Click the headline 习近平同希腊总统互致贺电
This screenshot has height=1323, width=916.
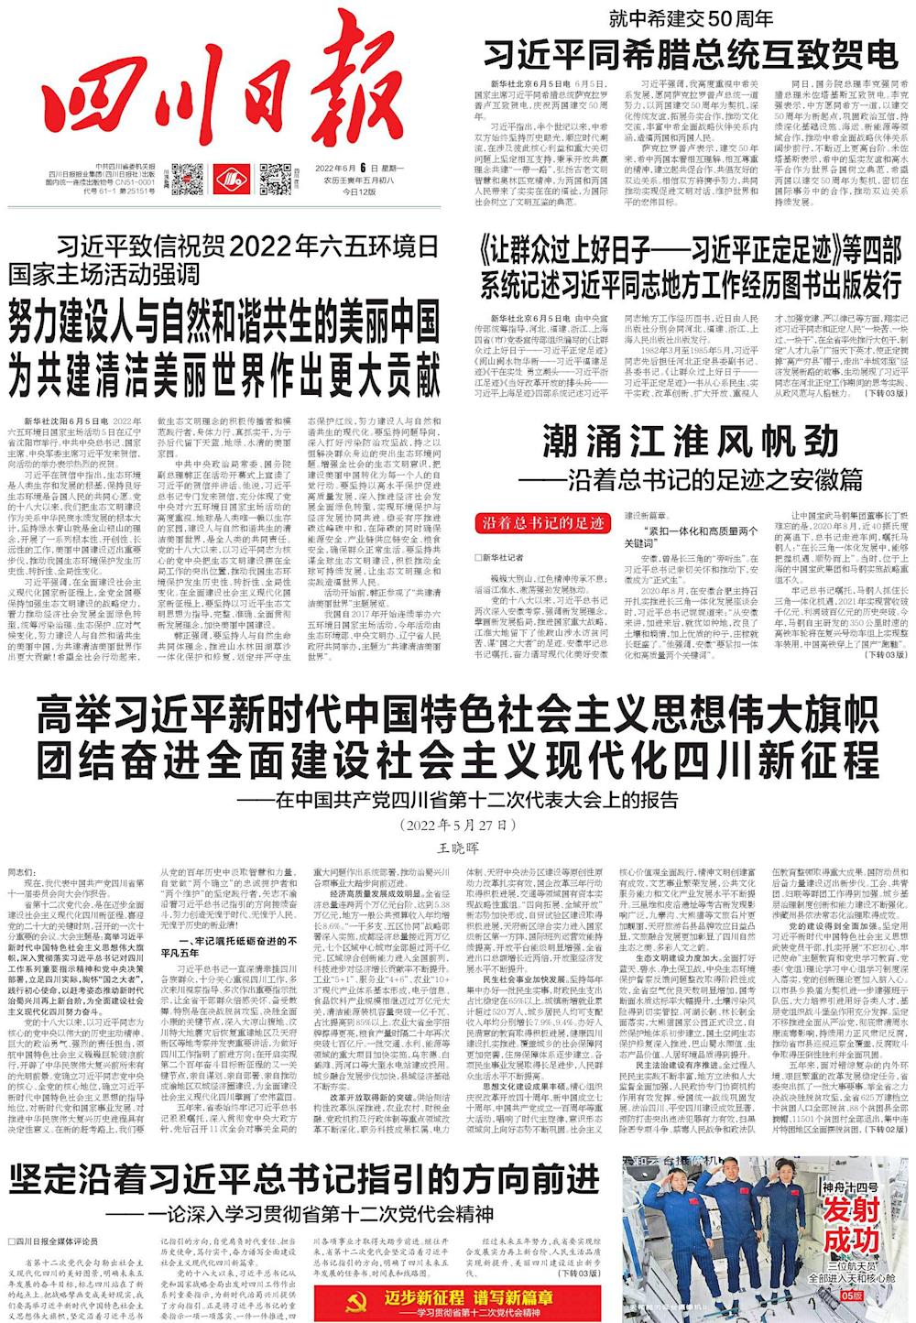tap(692, 50)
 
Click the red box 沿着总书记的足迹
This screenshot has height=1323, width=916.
tap(539, 523)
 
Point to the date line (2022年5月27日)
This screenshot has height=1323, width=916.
tap(459, 825)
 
